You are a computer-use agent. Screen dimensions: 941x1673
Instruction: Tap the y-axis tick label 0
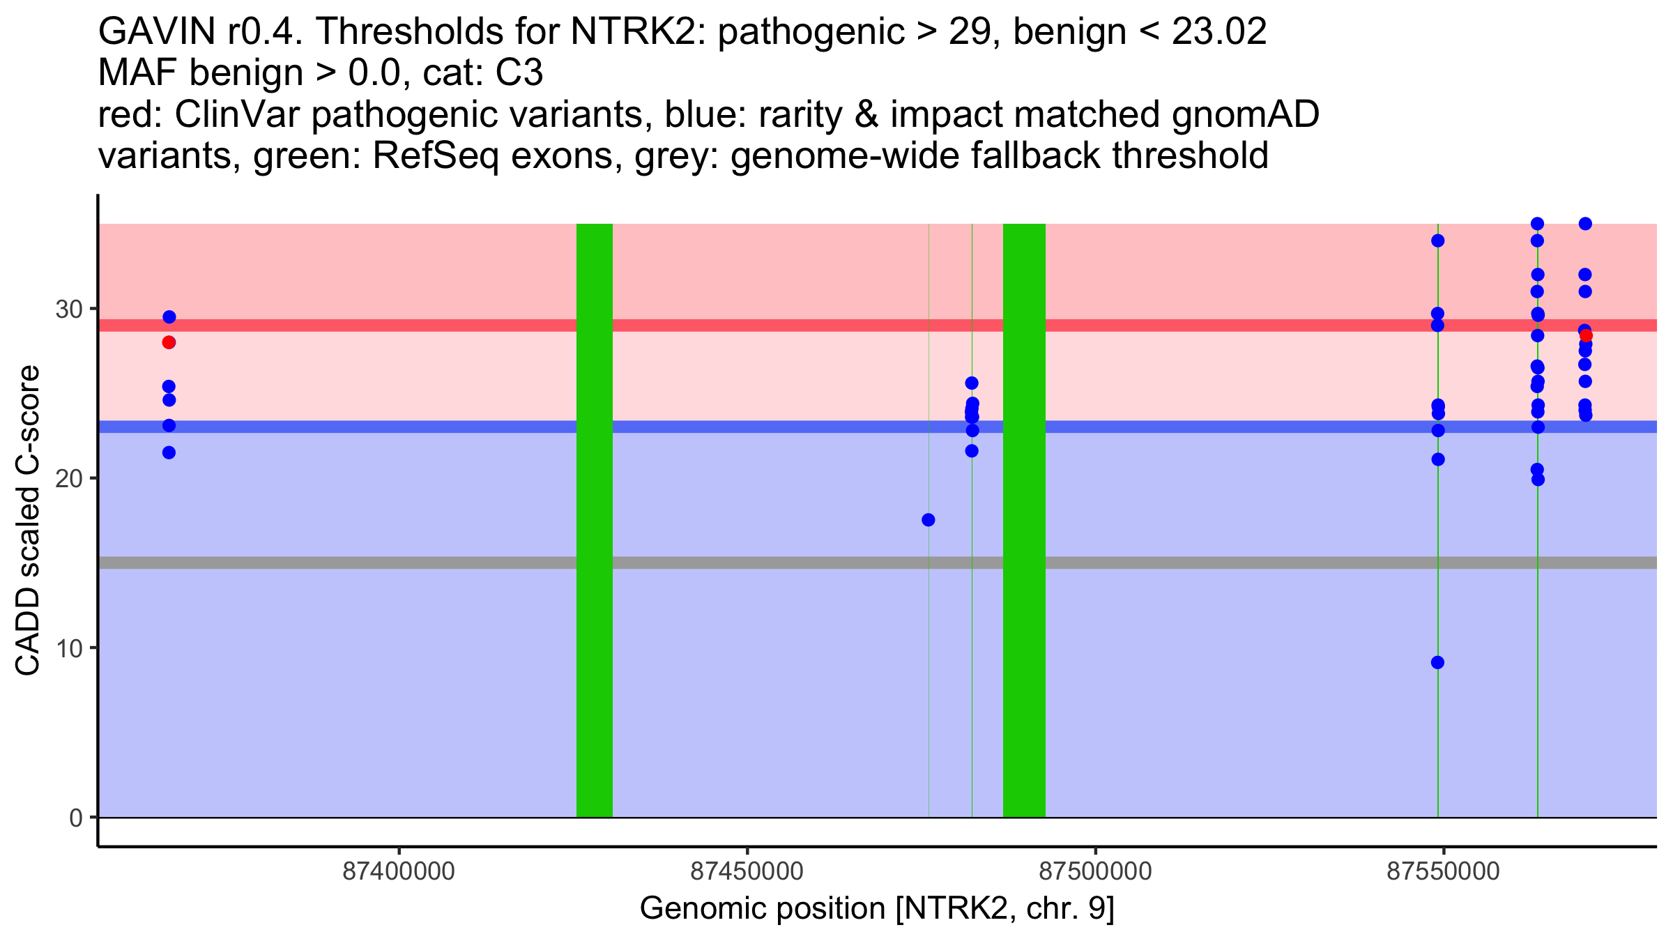76,818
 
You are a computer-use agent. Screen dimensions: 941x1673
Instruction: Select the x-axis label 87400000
399,872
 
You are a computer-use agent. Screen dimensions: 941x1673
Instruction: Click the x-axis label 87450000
747,872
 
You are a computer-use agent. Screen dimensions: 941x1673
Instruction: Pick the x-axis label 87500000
1095,872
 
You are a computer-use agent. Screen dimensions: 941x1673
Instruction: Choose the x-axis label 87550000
1443,872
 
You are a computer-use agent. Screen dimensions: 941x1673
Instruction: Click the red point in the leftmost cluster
169,342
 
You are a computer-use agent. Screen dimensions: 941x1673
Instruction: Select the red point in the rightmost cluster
1586,335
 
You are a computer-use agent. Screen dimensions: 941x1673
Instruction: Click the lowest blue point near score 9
1437,662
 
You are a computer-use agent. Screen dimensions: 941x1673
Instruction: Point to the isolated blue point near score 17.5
928,520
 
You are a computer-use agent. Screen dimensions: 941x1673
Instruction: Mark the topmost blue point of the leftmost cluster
169,317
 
